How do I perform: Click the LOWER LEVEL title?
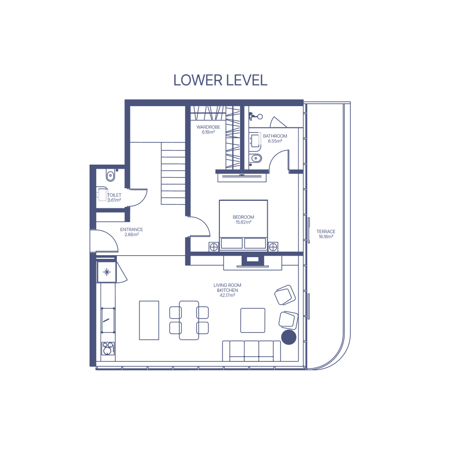point(220,81)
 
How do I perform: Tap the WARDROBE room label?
point(208,127)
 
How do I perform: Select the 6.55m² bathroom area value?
point(275,141)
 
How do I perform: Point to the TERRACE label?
point(326,232)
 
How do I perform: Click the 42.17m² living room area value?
point(228,295)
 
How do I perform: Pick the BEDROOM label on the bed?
point(243,217)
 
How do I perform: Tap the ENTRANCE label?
point(131,230)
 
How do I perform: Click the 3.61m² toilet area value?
point(114,200)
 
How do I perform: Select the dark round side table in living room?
point(289,337)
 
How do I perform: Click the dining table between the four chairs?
point(189,320)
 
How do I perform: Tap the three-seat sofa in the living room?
point(251,351)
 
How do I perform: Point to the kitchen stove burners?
point(108,348)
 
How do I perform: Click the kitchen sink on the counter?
point(108,320)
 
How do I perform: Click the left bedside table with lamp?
point(214,247)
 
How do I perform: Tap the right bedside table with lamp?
point(273,247)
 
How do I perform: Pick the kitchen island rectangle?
point(149,320)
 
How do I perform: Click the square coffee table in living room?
point(253,320)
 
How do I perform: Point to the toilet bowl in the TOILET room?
point(110,176)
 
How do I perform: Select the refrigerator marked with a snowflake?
point(107,272)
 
